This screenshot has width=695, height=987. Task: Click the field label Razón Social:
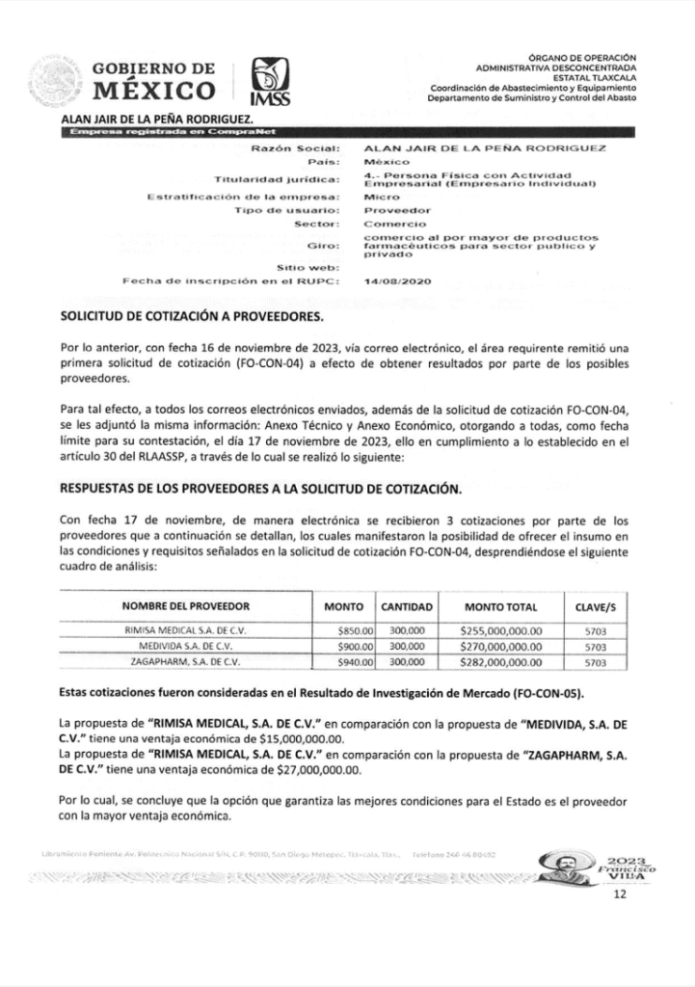coord(296,149)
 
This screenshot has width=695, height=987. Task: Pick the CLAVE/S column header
coord(595,606)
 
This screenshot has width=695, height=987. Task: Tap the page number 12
coord(620,895)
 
